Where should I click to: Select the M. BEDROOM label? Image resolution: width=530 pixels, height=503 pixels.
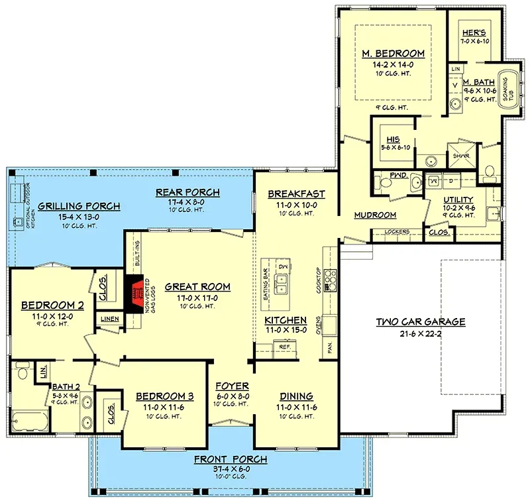[392, 54]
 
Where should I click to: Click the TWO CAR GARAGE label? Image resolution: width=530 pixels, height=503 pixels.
[421, 322]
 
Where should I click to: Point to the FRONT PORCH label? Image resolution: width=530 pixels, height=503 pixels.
[231, 459]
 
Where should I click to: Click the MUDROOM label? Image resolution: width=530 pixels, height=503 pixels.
[375, 215]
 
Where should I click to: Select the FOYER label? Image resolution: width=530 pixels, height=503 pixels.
[232, 386]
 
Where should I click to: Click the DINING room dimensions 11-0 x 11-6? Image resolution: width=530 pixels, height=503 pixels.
[296, 408]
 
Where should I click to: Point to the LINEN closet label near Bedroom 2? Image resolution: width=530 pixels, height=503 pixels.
[109, 319]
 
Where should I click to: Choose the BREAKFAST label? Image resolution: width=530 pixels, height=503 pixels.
[296, 194]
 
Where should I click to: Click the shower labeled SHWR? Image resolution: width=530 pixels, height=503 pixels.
[462, 156]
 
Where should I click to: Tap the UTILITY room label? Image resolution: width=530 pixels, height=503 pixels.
[458, 199]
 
